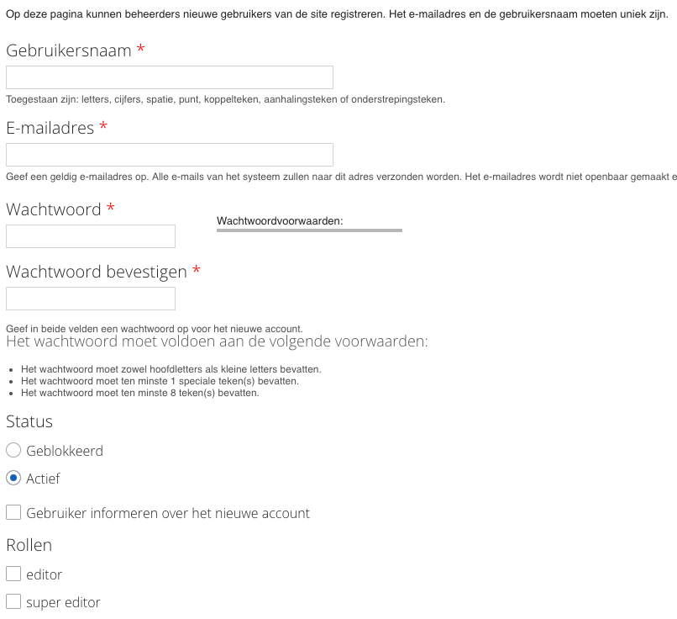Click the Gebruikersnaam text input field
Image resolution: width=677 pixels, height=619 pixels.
tap(169, 77)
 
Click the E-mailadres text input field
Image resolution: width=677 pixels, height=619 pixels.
tap(169, 155)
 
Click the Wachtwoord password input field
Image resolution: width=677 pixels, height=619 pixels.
tap(91, 236)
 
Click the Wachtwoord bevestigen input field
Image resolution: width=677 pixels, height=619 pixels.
tap(91, 299)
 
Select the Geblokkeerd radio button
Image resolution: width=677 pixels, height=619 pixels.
tap(13, 451)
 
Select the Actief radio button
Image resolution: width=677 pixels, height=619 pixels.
tap(13, 479)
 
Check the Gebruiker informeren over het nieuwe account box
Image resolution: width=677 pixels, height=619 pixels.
tap(13, 512)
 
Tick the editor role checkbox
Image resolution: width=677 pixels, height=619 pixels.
tap(13, 574)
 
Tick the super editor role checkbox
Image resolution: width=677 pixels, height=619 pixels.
tap(13, 602)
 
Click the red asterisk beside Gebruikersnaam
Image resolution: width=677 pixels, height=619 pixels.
tap(140, 50)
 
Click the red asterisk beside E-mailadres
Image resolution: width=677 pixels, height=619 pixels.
tap(103, 127)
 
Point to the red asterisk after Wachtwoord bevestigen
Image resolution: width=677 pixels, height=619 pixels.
tap(196, 271)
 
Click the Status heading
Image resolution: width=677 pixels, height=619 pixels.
tap(29, 422)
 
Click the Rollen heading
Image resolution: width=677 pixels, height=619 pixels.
tap(29, 545)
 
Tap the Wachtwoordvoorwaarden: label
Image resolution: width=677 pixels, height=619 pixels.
tap(281, 221)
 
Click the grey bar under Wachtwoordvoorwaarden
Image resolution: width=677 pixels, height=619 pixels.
tap(309, 230)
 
